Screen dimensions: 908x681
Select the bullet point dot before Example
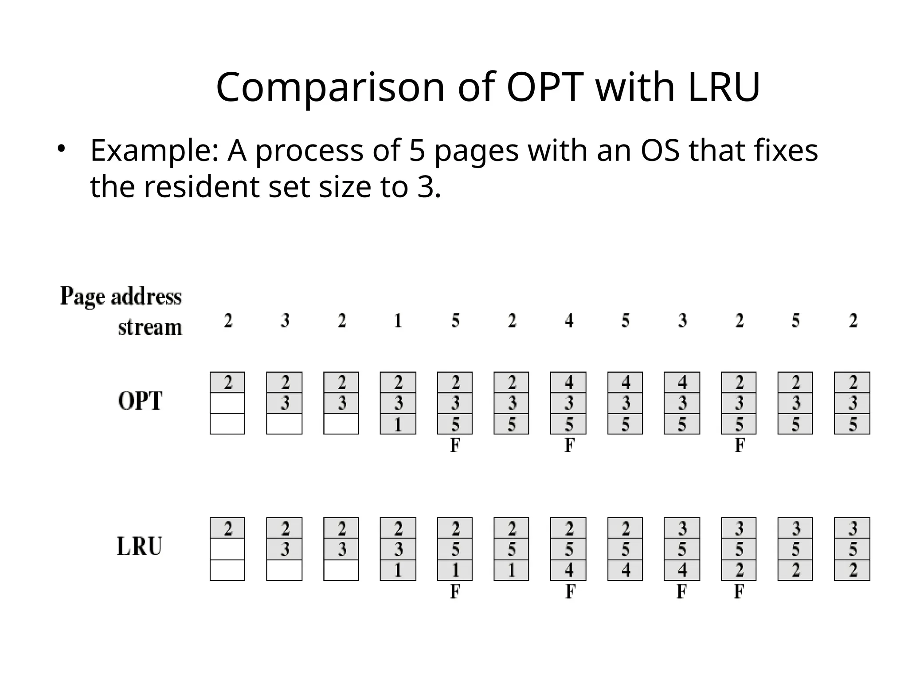point(61,148)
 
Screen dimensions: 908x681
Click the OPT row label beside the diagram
point(140,401)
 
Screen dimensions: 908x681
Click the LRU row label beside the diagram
point(139,547)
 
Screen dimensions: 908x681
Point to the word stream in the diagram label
point(150,327)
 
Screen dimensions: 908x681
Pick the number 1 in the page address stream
point(398,321)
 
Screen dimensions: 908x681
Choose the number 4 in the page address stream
point(569,321)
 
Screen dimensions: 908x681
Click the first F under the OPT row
point(455,445)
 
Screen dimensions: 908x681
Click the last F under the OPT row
point(739,445)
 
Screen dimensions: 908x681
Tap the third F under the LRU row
point(682,591)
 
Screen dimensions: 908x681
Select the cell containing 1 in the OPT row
point(398,424)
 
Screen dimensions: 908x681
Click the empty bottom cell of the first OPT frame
point(227,424)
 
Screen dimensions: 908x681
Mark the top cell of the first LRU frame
point(227,528)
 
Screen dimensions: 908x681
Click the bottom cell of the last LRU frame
point(852,570)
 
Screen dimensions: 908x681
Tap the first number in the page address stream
point(228,321)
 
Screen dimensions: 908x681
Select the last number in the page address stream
point(853,321)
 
